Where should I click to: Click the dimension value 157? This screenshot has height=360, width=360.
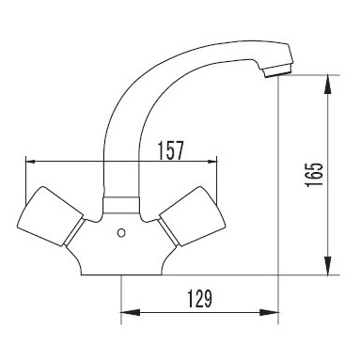(x=170, y=150)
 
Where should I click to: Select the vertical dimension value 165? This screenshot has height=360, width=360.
(x=314, y=175)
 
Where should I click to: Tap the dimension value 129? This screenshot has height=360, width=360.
(x=200, y=299)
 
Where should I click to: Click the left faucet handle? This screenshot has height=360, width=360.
(x=50, y=215)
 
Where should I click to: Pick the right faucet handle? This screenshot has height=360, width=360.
(x=193, y=215)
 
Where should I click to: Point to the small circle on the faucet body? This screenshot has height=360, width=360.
(x=121, y=233)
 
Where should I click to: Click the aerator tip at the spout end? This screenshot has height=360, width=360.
(x=277, y=70)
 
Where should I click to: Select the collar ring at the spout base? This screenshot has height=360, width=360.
(x=121, y=205)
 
